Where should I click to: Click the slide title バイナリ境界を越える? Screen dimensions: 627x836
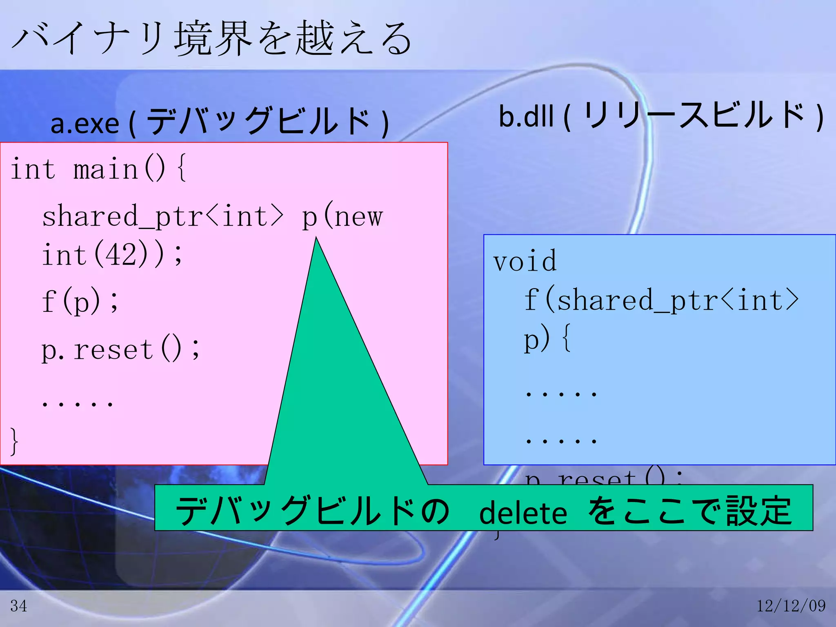[211, 39]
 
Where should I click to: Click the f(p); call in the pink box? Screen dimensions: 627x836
[80, 301]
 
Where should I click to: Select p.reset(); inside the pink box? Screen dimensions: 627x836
[121, 349]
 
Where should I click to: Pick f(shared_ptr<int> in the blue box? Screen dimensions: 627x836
[661, 300]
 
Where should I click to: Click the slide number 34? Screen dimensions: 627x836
[19, 606]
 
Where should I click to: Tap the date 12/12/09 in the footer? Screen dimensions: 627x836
[791, 606]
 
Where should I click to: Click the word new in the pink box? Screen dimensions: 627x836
[359, 217]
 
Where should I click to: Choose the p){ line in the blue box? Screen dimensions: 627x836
[547, 339]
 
